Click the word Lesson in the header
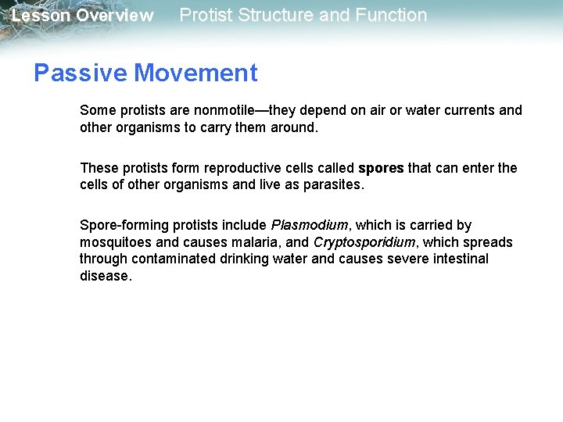41,16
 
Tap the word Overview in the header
114,16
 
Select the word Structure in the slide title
262,15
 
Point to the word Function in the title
389,15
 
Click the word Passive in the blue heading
80,73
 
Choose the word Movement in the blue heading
195,73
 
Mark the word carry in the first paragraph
221,127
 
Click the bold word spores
381,168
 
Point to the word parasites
332,185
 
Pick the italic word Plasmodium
308,225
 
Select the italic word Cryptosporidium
364,242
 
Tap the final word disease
105,276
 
